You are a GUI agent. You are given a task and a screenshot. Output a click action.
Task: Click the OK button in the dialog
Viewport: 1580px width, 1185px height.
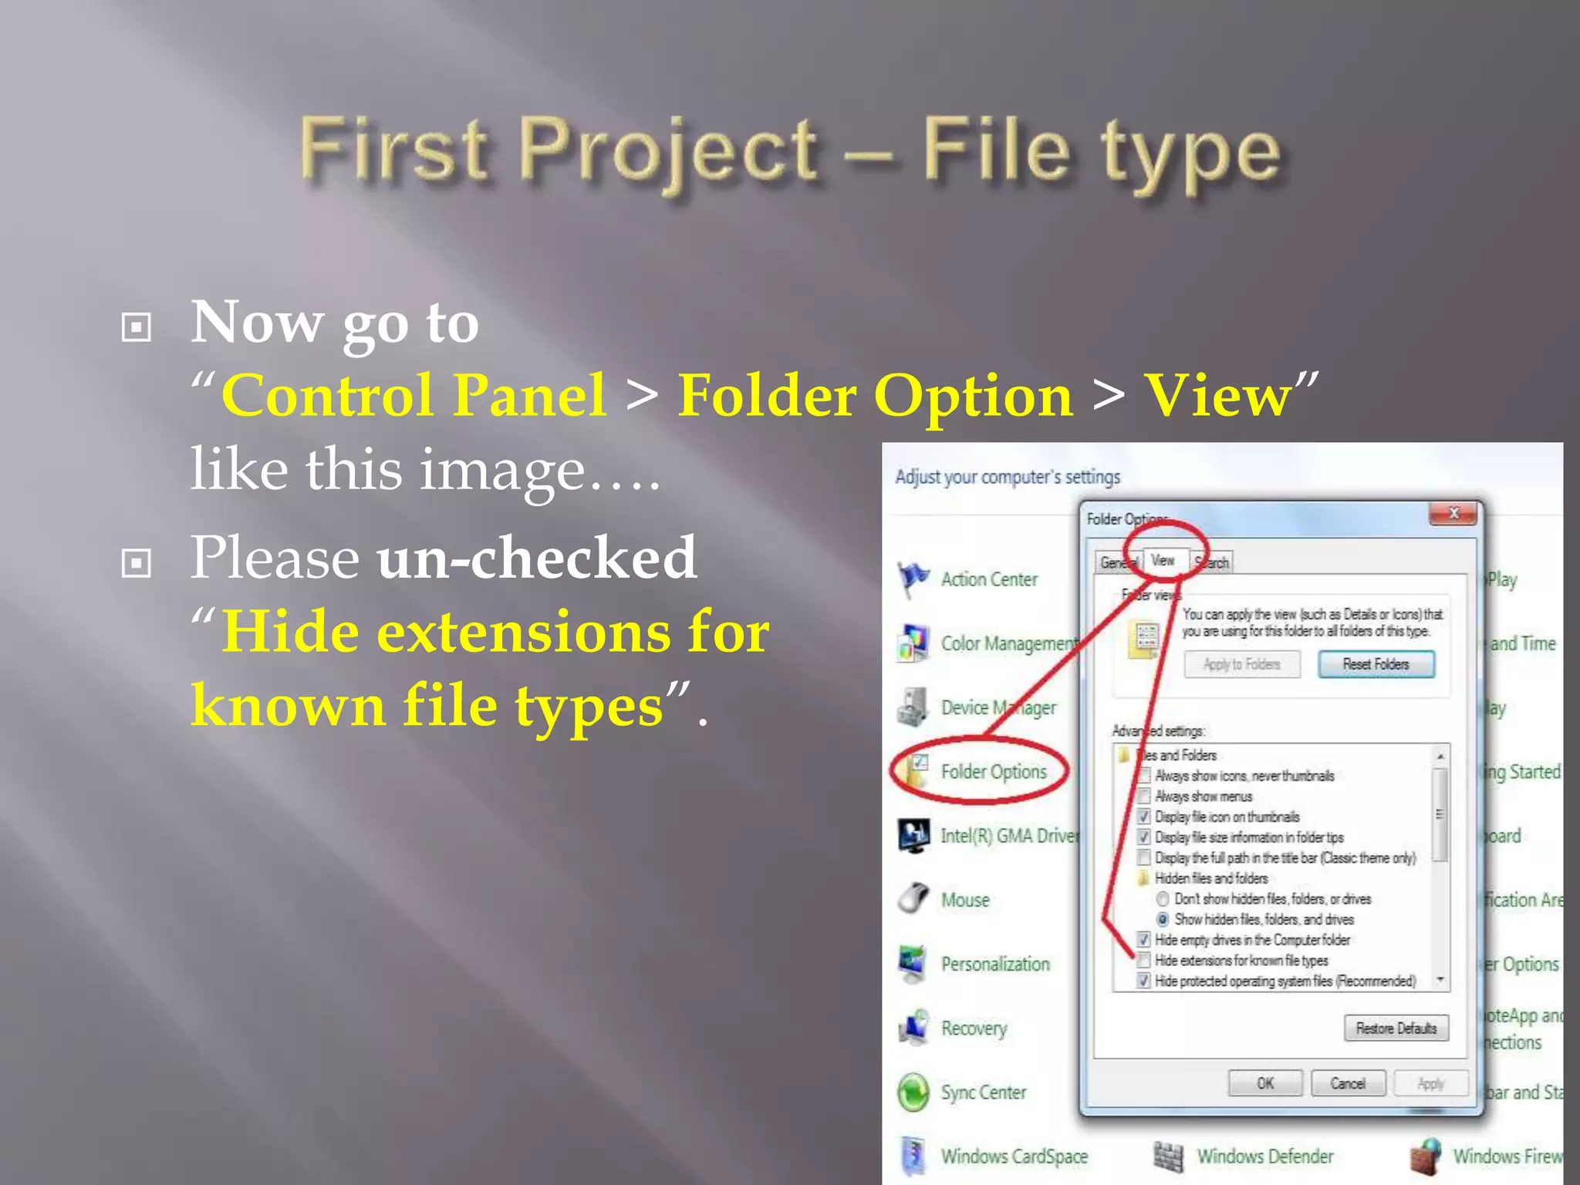(x=1265, y=1083)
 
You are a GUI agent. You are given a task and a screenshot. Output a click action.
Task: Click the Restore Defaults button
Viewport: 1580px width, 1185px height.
(x=1396, y=1028)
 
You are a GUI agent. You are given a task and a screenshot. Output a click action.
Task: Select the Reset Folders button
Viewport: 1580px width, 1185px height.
(x=1376, y=664)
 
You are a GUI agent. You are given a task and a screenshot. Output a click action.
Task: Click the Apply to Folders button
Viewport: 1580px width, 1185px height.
(x=1241, y=664)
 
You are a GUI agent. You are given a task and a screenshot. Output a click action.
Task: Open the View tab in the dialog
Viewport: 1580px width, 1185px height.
(x=1163, y=560)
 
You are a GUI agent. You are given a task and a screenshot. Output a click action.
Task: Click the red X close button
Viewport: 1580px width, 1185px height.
(x=1453, y=513)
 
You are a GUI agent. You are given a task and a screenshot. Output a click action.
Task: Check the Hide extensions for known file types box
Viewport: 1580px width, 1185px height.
(x=1143, y=960)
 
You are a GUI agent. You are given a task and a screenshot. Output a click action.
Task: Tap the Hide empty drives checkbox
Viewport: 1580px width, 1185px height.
(x=1143, y=940)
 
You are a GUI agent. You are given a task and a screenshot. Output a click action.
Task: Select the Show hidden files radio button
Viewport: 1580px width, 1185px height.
(x=1163, y=920)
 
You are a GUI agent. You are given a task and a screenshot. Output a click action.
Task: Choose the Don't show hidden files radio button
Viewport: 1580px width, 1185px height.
(x=1163, y=899)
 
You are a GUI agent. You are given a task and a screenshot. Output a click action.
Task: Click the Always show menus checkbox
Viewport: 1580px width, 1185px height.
(x=1143, y=796)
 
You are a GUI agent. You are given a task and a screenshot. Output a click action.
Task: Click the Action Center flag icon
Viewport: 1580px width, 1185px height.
(x=913, y=579)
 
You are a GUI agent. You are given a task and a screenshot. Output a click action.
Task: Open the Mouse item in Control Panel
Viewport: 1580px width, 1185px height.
(x=964, y=900)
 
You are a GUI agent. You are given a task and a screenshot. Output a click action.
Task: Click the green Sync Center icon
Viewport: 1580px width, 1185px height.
(x=913, y=1092)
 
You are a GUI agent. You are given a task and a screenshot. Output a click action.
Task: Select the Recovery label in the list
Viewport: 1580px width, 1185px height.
(x=974, y=1028)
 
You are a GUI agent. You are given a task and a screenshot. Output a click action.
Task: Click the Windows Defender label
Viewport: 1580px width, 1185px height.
(x=1265, y=1156)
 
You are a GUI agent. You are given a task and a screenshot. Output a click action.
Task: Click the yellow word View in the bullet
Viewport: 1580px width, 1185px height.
(x=1217, y=396)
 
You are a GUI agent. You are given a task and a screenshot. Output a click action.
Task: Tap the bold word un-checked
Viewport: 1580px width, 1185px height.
(x=537, y=557)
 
